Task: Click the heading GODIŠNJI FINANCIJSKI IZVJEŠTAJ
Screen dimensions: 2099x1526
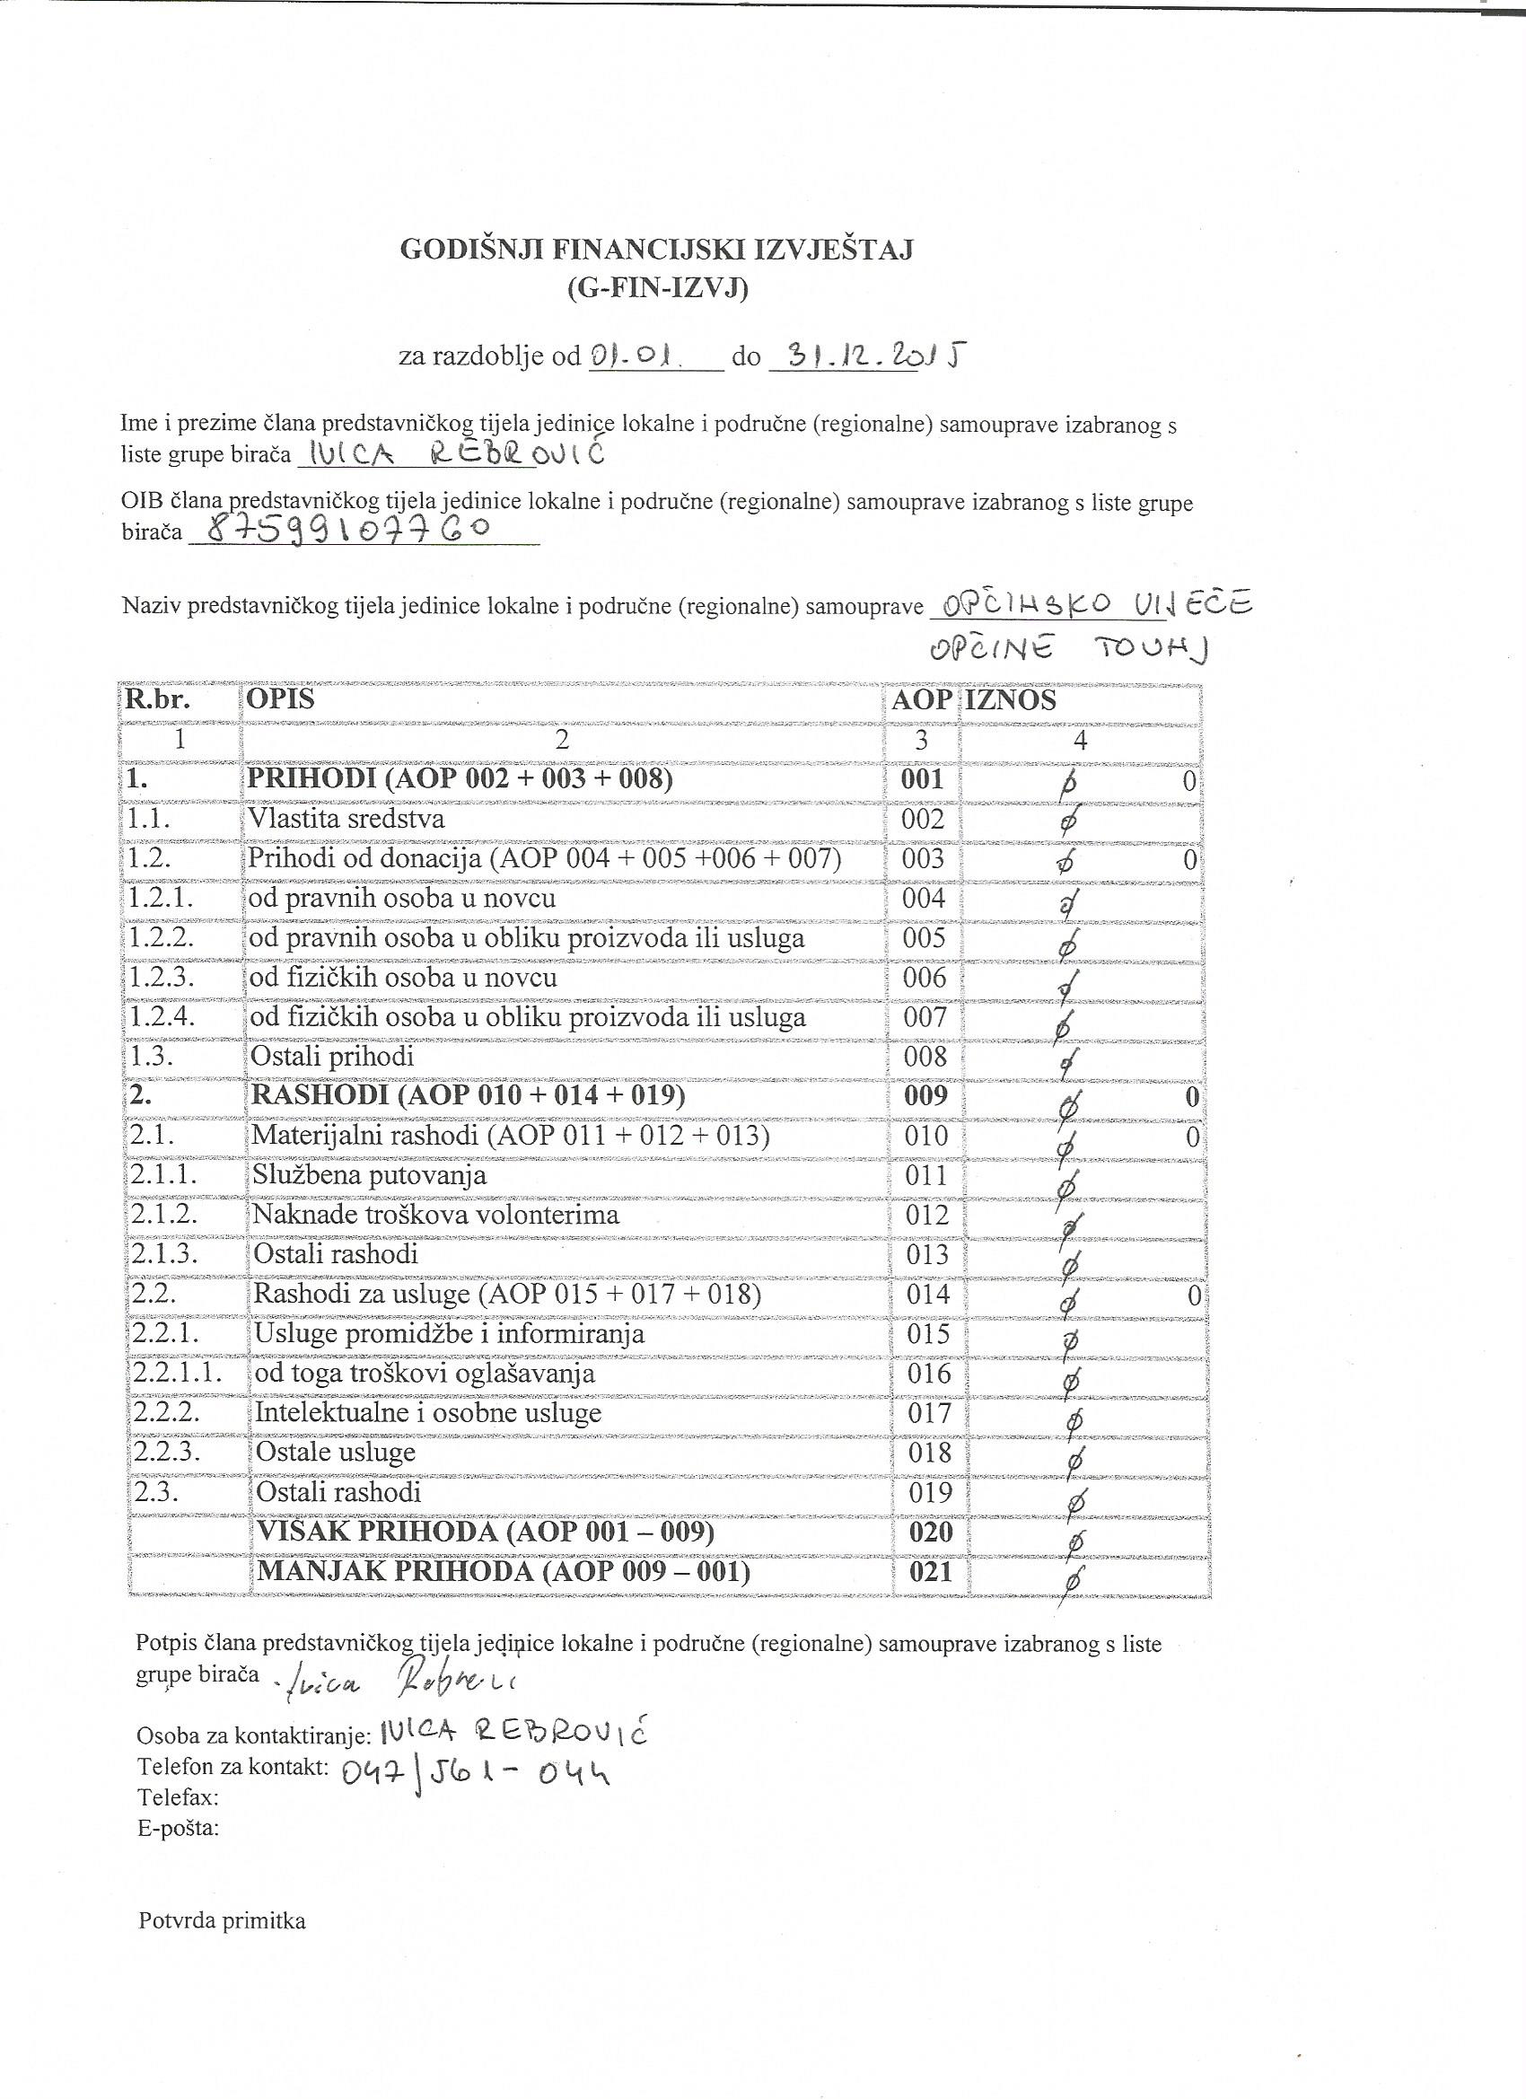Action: (x=656, y=250)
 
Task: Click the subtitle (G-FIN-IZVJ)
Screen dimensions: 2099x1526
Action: (x=656, y=290)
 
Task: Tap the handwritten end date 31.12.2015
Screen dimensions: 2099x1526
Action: (x=868, y=356)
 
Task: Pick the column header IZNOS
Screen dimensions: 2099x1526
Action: (x=1011, y=699)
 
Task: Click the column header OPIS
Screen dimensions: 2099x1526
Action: (x=279, y=699)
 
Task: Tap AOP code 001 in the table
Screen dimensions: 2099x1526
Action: (x=922, y=779)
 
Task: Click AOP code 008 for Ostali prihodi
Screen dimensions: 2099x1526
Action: (x=924, y=1057)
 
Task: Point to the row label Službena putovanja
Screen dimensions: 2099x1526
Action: (x=369, y=1176)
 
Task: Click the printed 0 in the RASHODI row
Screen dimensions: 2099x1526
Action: (x=1192, y=1098)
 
